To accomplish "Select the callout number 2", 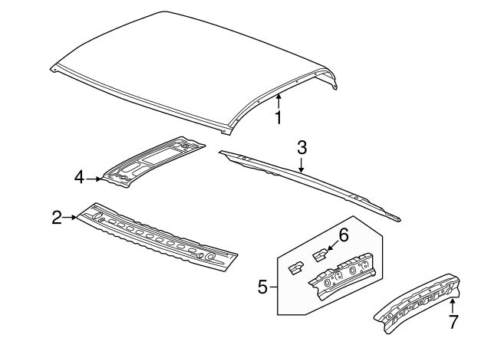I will [x=57, y=218].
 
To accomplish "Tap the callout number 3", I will [x=302, y=146].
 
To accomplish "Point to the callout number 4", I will [x=79, y=178].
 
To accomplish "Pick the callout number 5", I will [x=262, y=288].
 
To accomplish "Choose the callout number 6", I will [x=344, y=235].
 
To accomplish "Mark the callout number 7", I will [x=453, y=322].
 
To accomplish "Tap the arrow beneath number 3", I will [x=302, y=163].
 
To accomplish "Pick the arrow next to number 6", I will [x=330, y=246].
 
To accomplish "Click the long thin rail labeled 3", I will [x=307, y=180].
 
